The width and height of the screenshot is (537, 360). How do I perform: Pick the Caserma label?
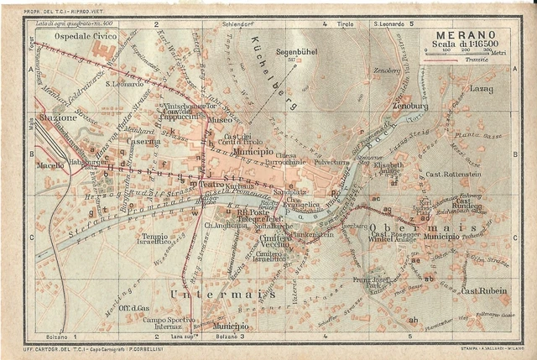(x=143, y=142)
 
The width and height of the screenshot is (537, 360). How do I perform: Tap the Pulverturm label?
(x=330, y=162)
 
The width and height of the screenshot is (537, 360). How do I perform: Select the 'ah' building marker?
(x=413, y=320)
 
